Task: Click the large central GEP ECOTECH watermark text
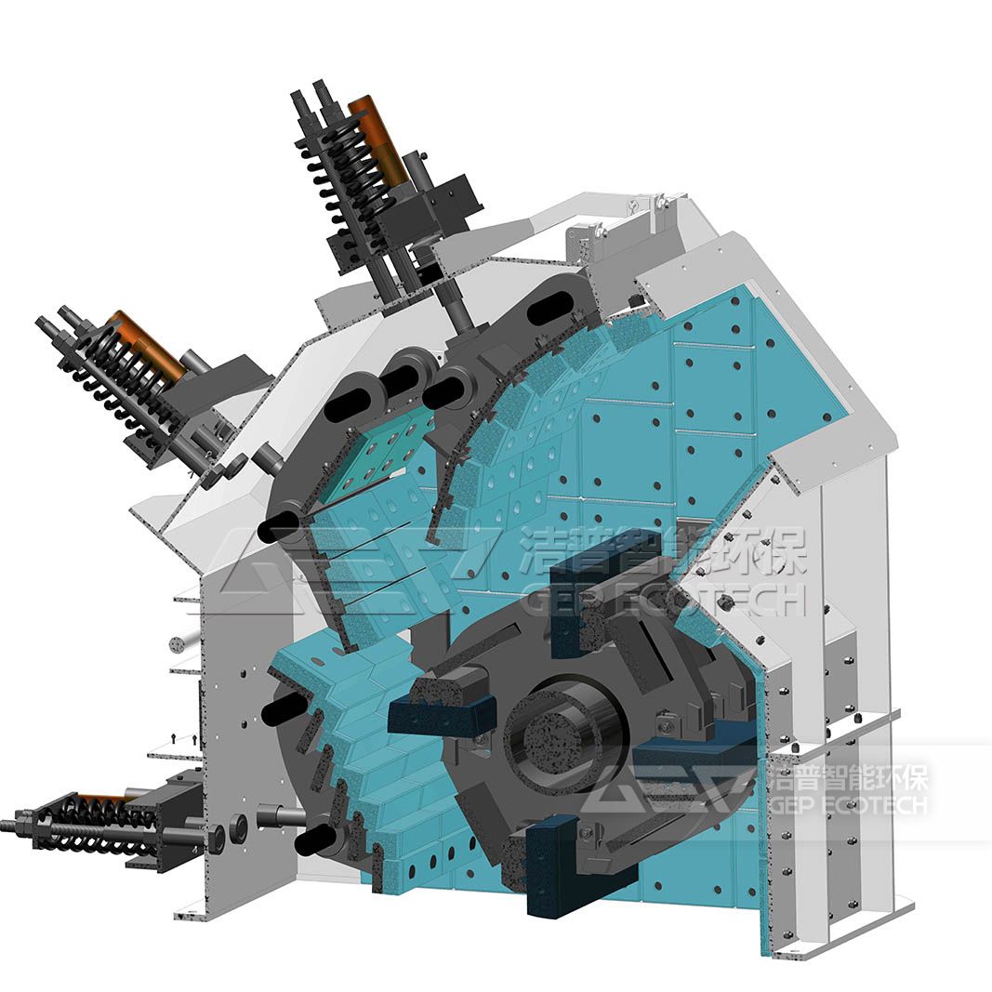click(x=665, y=599)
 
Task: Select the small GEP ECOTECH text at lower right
click(x=848, y=805)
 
